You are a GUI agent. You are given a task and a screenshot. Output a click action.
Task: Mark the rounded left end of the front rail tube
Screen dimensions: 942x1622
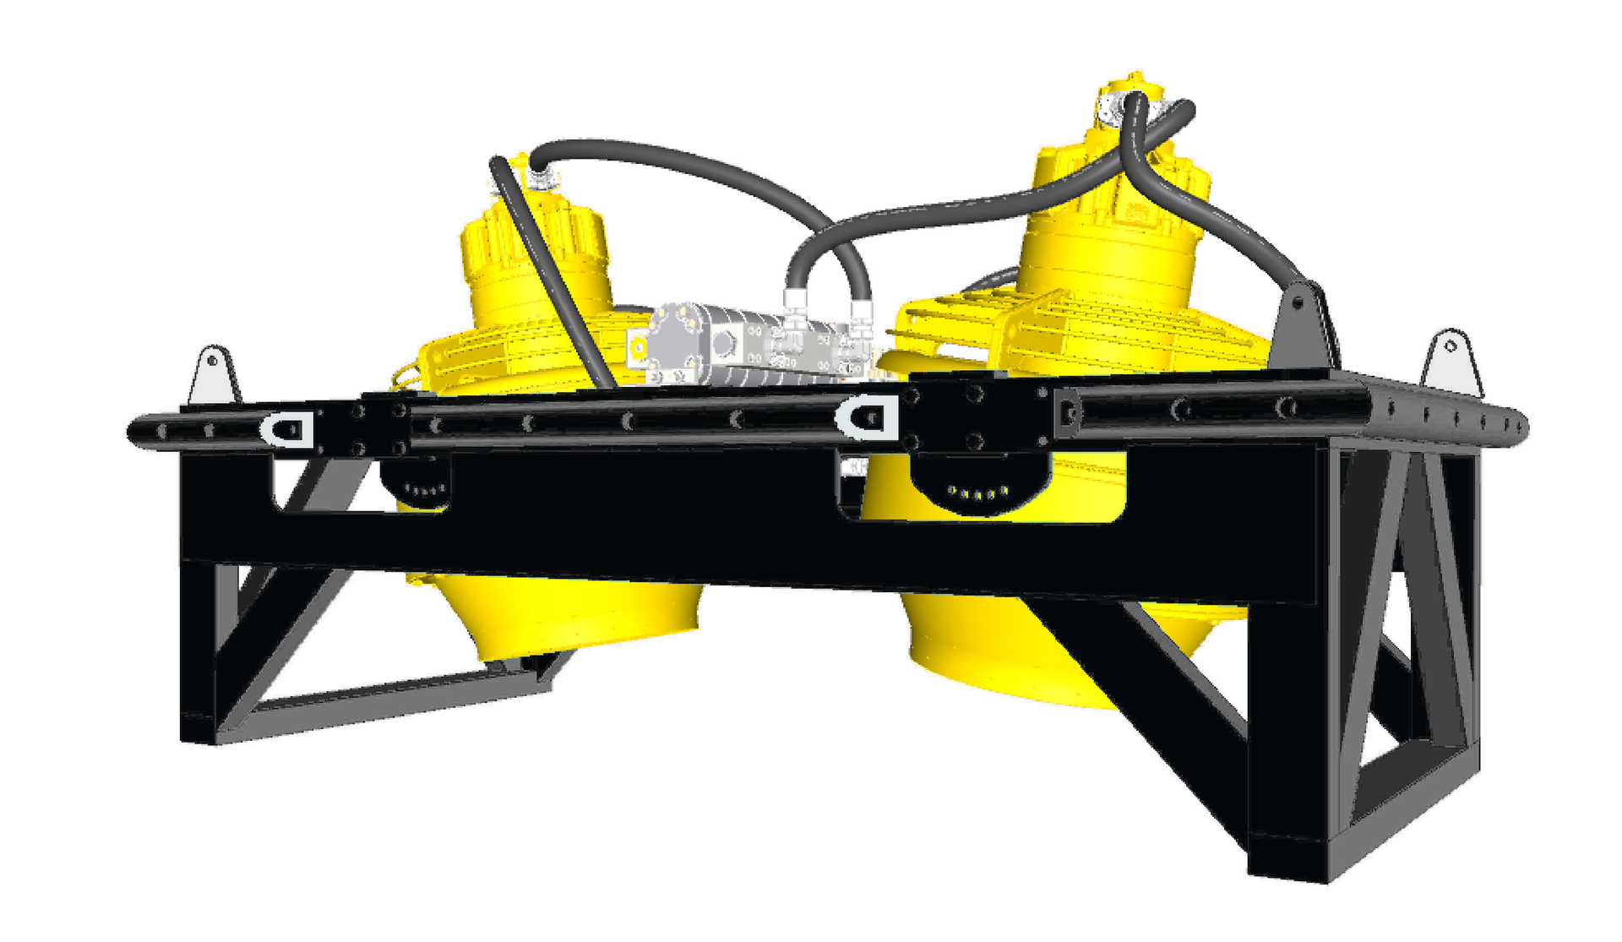coord(137,431)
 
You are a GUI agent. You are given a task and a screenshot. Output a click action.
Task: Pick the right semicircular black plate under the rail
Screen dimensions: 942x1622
coord(980,486)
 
